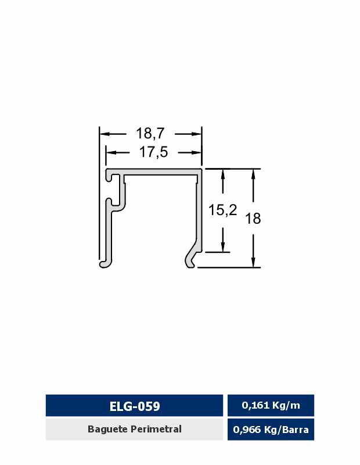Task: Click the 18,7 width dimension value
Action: (150, 134)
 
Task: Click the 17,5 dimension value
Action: (153, 152)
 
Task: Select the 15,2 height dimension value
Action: (222, 210)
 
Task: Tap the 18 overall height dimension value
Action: (253, 219)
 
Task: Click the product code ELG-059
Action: (135, 406)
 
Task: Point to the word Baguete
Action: (108, 429)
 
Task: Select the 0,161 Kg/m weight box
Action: (271, 405)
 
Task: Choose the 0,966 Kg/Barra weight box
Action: (271, 430)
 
